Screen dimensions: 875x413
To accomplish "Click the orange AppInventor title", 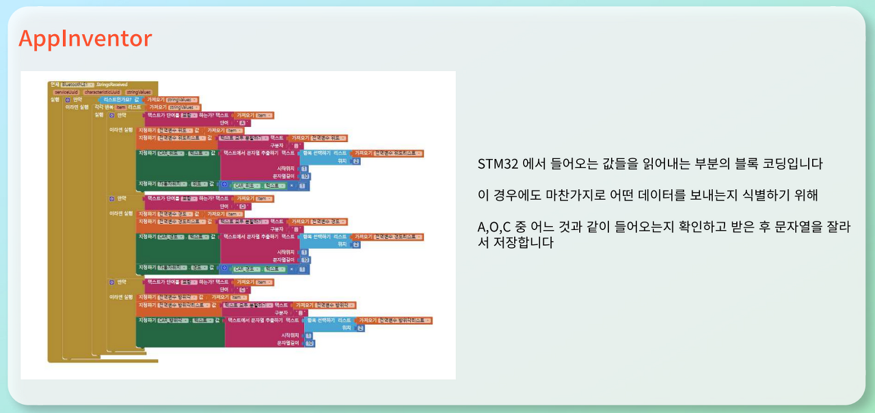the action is pyautogui.click(x=85, y=39).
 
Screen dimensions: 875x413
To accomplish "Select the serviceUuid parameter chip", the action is pyautogui.click(x=66, y=91).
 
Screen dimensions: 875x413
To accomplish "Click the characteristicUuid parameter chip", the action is pyautogui.click(x=102, y=91).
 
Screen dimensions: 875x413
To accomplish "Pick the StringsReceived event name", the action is pyautogui.click(x=112, y=85).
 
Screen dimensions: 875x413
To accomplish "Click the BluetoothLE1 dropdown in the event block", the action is pyautogui.click(x=78, y=85).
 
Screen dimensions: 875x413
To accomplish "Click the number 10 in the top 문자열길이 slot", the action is pyautogui.click(x=306, y=176).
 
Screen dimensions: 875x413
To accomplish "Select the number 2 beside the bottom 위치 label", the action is pyautogui.click(x=360, y=328).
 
